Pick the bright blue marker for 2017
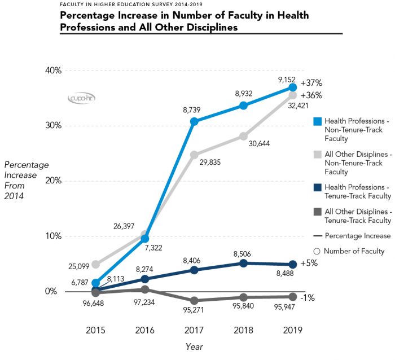pos(194,121)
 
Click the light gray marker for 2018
pos(243,136)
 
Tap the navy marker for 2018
pos(243,263)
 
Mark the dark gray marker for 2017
pos(194,301)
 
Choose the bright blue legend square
pos(317,121)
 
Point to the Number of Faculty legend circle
pos(317,251)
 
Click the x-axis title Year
pos(194,347)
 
